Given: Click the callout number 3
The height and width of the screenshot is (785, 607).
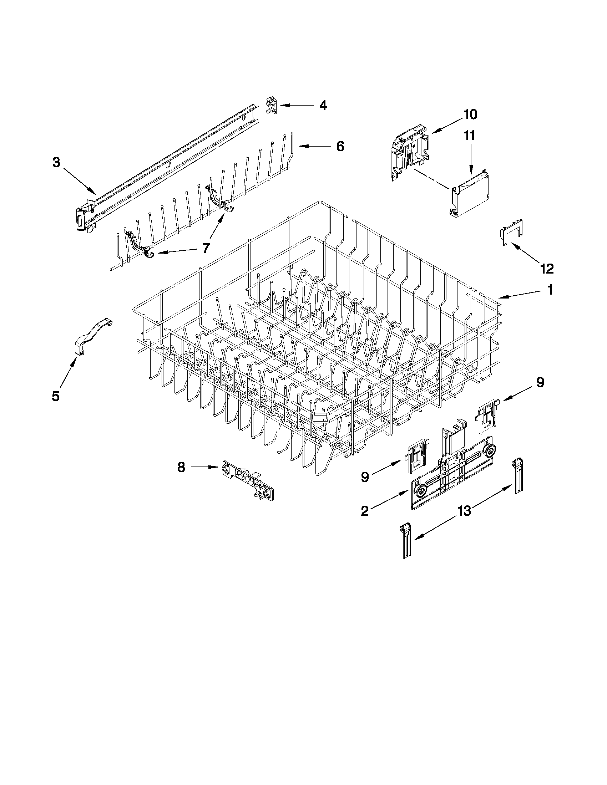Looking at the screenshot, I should tap(56, 163).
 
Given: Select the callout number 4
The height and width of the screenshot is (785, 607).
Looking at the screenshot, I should tap(323, 105).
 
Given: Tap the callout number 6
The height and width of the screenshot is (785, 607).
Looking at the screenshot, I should tap(340, 146).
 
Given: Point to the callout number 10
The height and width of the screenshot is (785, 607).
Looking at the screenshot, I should tap(470, 114).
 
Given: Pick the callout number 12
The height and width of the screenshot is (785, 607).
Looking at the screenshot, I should tap(546, 269).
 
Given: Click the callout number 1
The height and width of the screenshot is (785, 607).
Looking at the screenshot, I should tap(550, 290).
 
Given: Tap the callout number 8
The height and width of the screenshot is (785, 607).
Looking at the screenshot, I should tap(181, 467).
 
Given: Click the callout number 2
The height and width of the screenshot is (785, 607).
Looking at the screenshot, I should tap(365, 511).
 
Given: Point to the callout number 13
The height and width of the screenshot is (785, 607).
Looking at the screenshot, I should tap(465, 511).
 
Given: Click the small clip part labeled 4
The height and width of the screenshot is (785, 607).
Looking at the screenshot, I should tap(272, 105).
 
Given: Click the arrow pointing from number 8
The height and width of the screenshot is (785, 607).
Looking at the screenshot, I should tap(205, 467).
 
